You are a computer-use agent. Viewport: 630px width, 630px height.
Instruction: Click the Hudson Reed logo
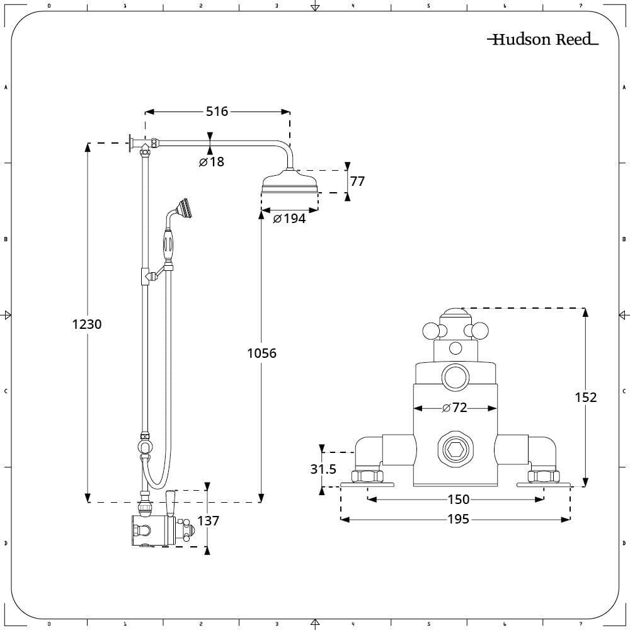pyautogui.click(x=543, y=39)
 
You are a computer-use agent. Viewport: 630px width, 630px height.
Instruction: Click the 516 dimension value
pyautogui.click(x=217, y=112)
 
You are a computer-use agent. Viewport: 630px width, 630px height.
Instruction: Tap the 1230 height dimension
pyautogui.click(x=87, y=324)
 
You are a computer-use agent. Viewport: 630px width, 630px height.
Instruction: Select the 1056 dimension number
pyautogui.click(x=261, y=353)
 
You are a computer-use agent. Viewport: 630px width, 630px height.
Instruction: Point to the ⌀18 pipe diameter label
pyautogui.click(x=212, y=161)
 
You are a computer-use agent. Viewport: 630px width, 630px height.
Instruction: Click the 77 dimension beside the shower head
pyautogui.click(x=357, y=181)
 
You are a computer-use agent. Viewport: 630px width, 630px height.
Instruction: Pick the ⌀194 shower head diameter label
pyautogui.click(x=289, y=219)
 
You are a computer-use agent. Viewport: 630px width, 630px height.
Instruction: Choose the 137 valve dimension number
pyautogui.click(x=208, y=521)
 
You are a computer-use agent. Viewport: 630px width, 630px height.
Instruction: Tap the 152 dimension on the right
pyautogui.click(x=586, y=398)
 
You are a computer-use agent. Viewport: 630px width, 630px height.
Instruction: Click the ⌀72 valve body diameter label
pyautogui.click(x=455, y=408)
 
